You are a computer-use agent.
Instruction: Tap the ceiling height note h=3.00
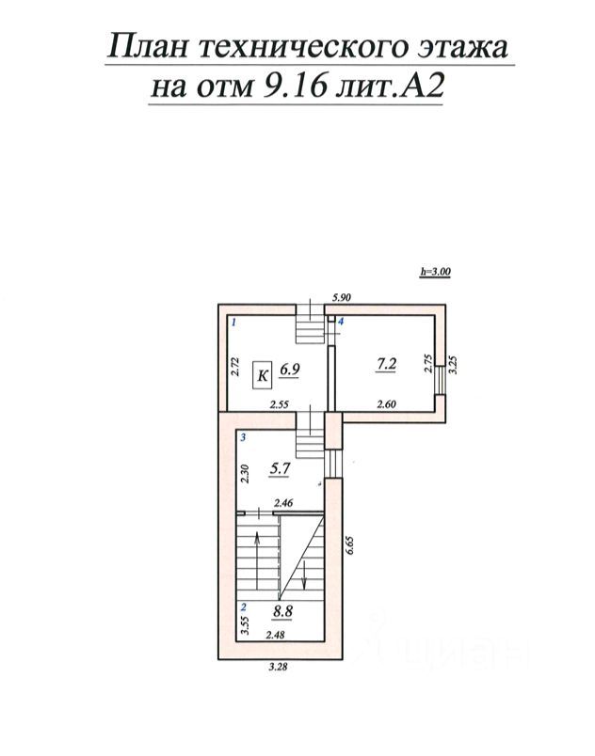pyautogui.click(x=435, y=272)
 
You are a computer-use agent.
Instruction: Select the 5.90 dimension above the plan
pyautogui.click(x=341, y=297)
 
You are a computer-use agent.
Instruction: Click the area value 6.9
pyautogui.click(x=290, y=370)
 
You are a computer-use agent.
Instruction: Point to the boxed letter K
pyautogui.click(x=263, y=375)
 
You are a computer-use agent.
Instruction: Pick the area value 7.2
pyautogui.click(x=386, y=365)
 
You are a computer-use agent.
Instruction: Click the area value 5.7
pyautogui.click(x=280, y=468)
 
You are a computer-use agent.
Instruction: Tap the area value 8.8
pyautogui.click(x=282, y=611)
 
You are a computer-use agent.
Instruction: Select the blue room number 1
pyautogui.click(x=233, y=323)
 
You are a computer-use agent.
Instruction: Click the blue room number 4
pyautogui.click(x=340, y=321)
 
